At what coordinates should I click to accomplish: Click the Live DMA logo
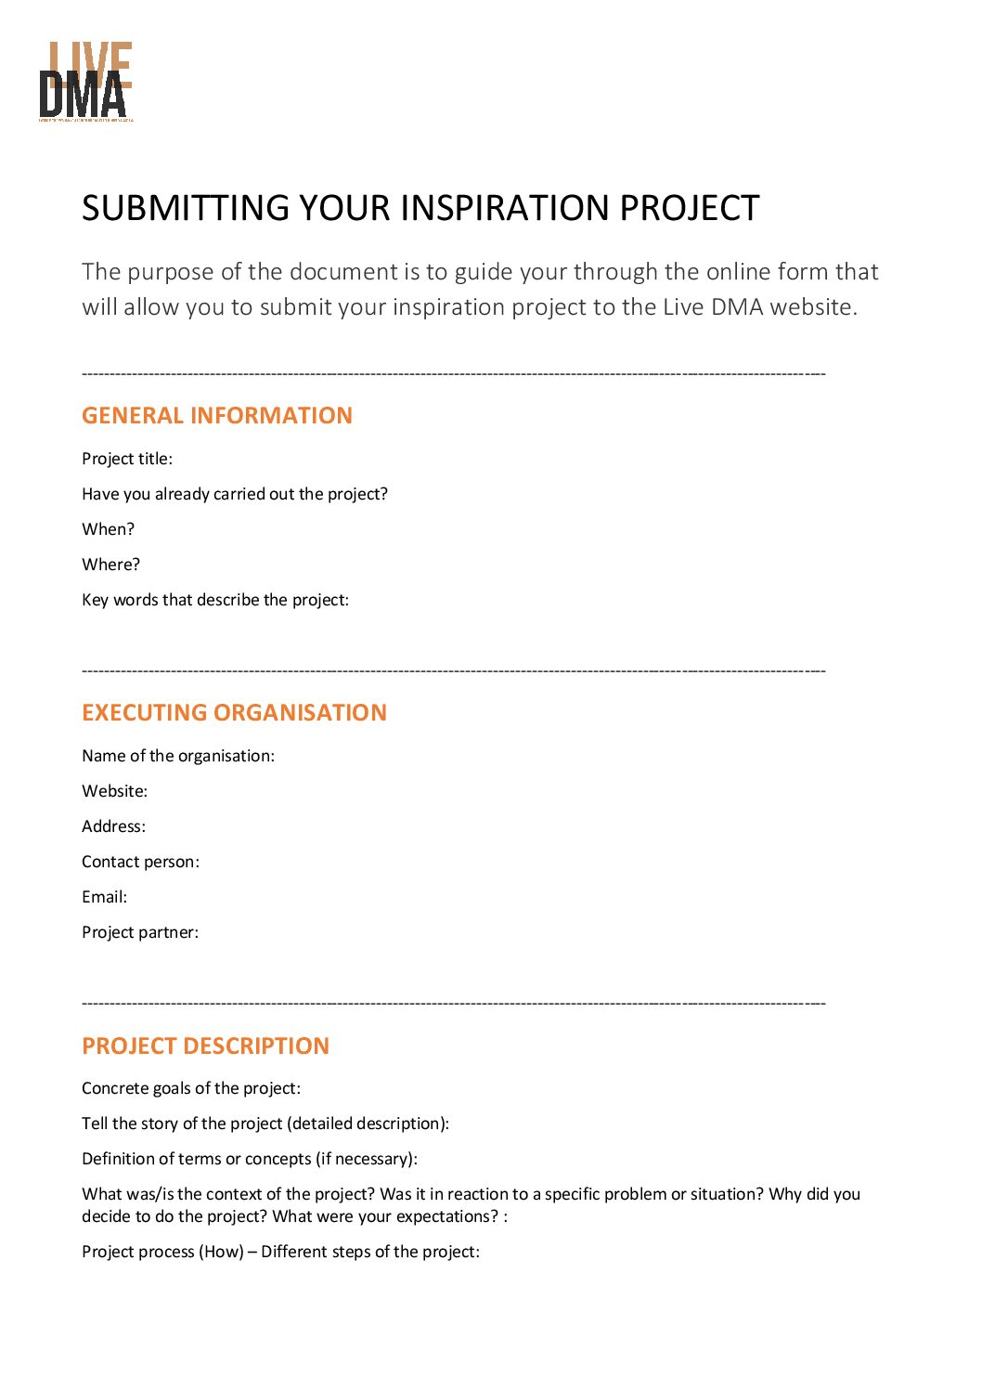tap(86, 82)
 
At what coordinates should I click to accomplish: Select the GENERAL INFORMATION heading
tap(217, 415)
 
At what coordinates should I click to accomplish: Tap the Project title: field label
tap(127, 459)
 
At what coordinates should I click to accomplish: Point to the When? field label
tap(108, 529)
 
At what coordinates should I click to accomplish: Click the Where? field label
tap(110, 565)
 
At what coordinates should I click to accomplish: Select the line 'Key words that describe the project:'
tap(215, 600)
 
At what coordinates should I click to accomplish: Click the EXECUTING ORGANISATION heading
tap(234, 712)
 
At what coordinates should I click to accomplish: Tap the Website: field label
tap(114, 791)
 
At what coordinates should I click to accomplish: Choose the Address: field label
tap(113, 826)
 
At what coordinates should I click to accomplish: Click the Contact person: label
tap(140, 862)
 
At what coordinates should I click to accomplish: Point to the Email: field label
tap(104, 897)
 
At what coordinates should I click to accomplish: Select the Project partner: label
tap(140, 932)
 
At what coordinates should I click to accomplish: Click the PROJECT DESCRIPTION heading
tap(205, 1046)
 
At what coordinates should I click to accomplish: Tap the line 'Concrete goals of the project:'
tap(191, 1088)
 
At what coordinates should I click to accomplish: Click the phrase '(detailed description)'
tap(368, 1124)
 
